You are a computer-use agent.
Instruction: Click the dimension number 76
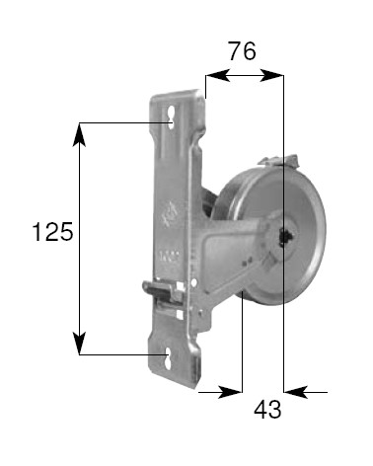242,51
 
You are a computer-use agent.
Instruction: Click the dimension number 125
52,233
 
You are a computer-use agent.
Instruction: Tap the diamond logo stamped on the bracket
166,211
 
